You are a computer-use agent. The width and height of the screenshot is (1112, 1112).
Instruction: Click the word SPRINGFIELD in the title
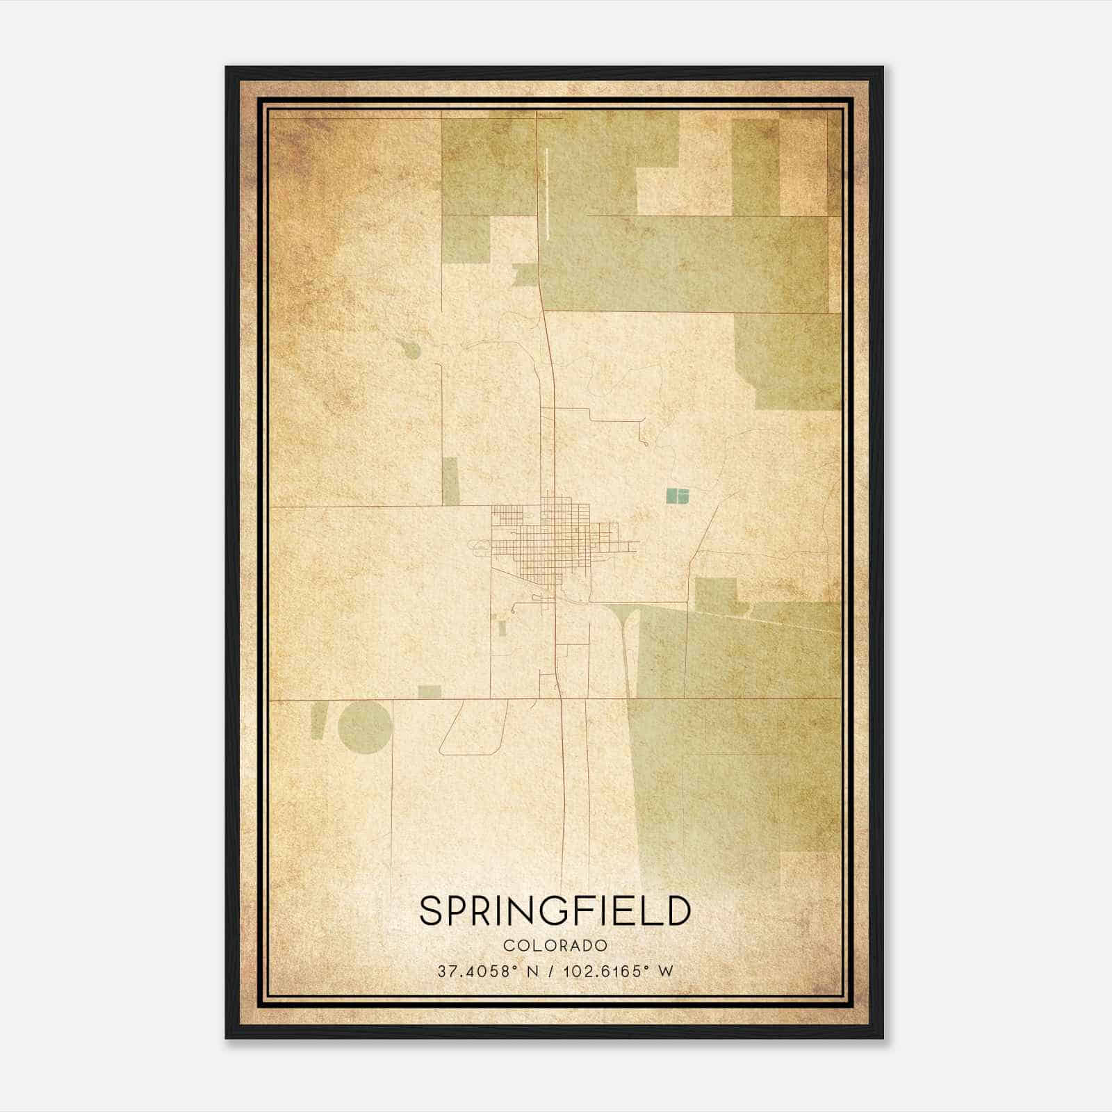555,910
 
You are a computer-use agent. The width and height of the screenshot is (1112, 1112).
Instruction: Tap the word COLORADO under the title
555,945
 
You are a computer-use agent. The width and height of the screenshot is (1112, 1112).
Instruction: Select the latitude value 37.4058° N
489,971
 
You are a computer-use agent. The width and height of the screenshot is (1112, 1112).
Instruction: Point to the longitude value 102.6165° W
617,971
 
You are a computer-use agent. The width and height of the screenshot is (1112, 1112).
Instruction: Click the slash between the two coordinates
552,971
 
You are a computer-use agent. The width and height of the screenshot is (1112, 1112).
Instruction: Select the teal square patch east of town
677,495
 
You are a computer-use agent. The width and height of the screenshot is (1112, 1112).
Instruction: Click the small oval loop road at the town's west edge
480,550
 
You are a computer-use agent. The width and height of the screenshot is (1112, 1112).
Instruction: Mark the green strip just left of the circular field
318,721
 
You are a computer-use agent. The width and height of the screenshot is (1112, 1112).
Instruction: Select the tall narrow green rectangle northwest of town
450,480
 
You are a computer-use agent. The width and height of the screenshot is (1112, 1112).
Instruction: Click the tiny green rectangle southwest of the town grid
502,628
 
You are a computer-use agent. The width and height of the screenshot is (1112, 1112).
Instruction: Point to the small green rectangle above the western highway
430,692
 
